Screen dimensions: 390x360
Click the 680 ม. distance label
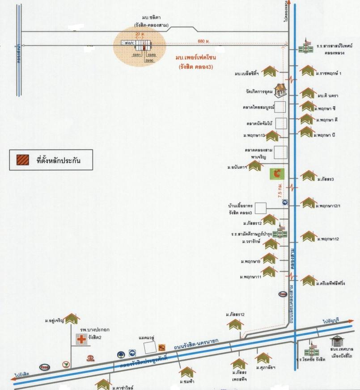click(x=203, y=41)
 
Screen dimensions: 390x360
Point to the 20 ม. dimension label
click(x=139, y=34)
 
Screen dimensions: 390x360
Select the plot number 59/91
click(x=137, y=55)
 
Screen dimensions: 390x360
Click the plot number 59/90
click(x=149, y=60)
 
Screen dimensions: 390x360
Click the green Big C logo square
click(x=277, y=173)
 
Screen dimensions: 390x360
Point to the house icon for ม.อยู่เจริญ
click(x=72, y=319)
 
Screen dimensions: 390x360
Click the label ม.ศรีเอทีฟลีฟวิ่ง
click(x=333, y=283)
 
